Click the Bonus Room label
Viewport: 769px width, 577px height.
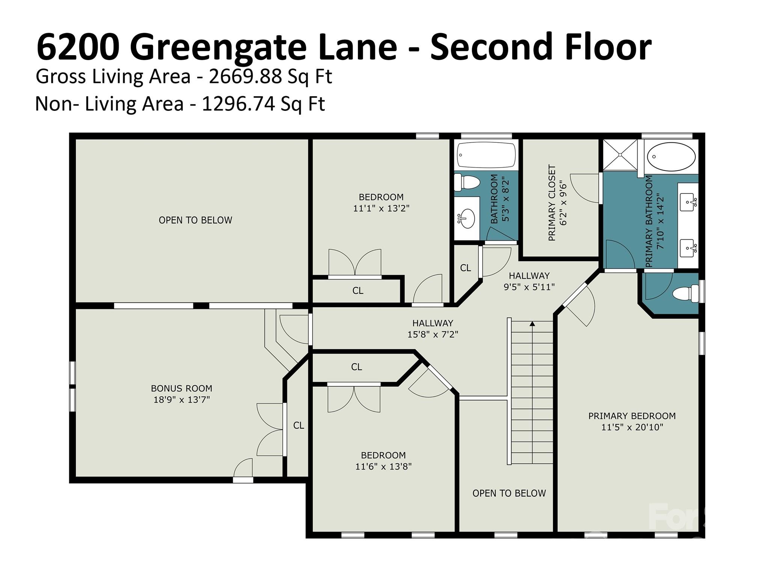coord(181,388)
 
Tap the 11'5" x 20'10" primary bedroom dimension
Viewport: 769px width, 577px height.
coord(632,427)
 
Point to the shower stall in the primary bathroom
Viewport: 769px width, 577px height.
coord(620,155)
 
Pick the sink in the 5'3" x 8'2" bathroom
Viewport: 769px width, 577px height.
coord(467,218)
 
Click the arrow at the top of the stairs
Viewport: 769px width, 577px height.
coord(532,324)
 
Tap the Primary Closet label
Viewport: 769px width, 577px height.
coord(552,202)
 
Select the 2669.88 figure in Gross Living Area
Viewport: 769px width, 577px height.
coord(245,77)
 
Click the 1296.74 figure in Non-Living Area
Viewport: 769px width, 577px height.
coord(238,104)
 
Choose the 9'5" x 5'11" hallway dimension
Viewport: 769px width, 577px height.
coord(529,287)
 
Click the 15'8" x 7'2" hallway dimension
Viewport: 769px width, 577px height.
coord(433,334)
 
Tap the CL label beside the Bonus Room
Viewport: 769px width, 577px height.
coord(299,425)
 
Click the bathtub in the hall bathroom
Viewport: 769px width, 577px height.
coord(486,155)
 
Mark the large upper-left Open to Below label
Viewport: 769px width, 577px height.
coord(195,220)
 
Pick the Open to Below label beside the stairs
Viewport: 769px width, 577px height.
coord(509,493)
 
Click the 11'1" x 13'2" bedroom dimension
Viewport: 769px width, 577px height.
coord(381,208)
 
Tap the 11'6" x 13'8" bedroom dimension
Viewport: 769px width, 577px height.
coord(383,466)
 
